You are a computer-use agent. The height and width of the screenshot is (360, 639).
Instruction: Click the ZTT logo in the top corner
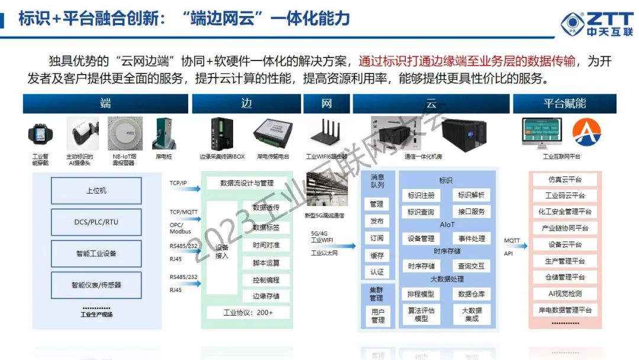pos(596,24)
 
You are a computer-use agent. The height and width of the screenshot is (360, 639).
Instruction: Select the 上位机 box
pos(96,191)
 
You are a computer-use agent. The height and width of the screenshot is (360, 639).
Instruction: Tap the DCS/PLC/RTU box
pos(96,222)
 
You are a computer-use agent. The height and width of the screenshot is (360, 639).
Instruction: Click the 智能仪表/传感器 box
pos(96,285)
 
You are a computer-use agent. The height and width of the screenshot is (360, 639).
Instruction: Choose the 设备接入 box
pos(222,252)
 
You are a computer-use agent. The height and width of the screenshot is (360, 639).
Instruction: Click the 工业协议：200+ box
pos(248,312)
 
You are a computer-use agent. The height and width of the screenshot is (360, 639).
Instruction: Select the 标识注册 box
pos(421,195)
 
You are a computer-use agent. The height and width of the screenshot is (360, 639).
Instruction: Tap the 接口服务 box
pos(471,211)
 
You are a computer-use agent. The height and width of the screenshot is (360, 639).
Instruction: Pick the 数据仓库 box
pos(471,294)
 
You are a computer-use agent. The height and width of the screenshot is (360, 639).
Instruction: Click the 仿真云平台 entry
pos(564,179)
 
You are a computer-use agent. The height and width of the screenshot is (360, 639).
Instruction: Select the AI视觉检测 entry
pos(564,293)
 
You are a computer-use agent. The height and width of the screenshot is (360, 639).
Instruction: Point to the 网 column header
pos(327,104)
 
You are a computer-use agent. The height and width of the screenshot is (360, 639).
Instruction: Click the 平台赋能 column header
pos(564,104)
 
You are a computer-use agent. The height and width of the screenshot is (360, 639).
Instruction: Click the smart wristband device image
pos(41,134)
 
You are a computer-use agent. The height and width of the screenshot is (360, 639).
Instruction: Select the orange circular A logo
pos(586,133)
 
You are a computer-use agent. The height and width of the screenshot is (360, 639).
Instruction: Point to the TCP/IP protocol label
pos(178,183)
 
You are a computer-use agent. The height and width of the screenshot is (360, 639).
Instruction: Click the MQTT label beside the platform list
pos(512,241)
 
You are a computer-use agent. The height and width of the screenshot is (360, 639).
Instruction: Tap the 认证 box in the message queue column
pos(377,272)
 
